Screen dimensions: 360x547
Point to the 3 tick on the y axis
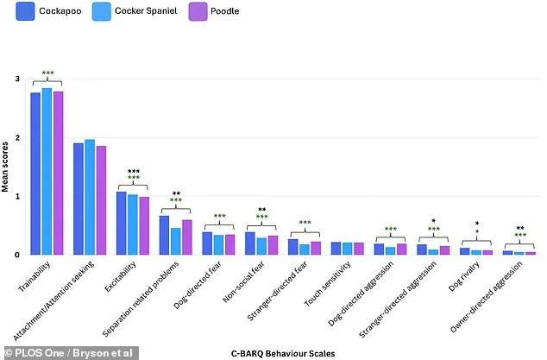click(x=16, y=79)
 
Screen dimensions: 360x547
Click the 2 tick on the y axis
click(x=16, y=138)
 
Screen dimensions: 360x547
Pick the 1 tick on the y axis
click(x=16, y=197)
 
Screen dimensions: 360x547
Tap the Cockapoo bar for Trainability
click(x=35, y=174)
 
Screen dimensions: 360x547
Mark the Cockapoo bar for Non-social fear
click(x=250, y=243)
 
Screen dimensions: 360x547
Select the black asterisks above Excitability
click(x=133, y=172)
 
